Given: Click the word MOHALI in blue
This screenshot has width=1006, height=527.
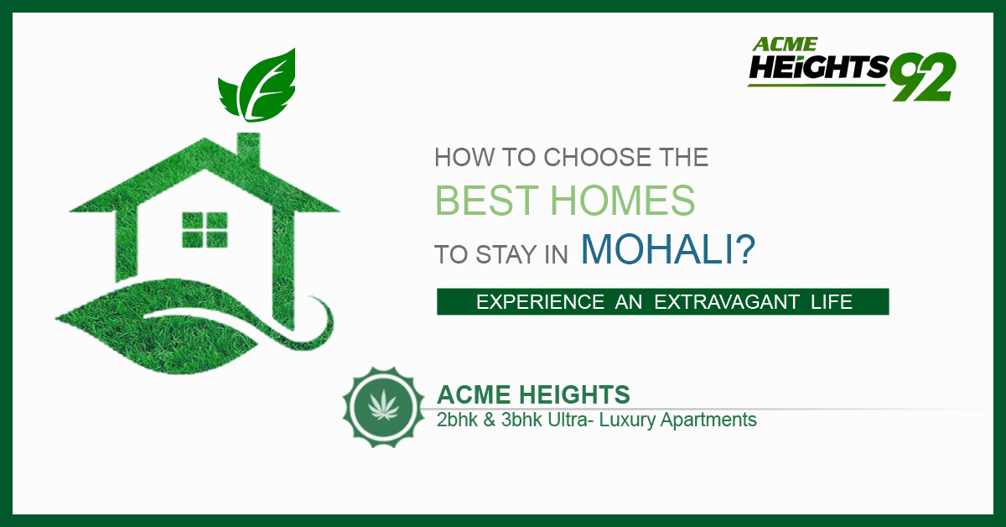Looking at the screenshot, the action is pos(657,249).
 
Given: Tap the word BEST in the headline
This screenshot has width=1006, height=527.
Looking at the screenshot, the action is pos(487,200).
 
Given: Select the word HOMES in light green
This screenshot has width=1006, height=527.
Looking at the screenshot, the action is pos(623,200).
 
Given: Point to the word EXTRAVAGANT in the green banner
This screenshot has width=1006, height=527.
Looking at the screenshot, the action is pos(727,302).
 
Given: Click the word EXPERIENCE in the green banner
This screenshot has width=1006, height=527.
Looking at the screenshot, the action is pos(540,302).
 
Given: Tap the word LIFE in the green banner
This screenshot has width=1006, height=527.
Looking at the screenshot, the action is pos(832,302).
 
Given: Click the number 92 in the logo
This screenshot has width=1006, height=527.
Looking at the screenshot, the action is pos(923,76).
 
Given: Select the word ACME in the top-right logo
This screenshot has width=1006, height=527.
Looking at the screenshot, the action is pos(785,44).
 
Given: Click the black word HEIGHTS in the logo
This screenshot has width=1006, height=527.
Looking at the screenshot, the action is pos(818,67).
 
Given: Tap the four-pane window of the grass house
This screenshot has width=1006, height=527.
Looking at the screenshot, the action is pos(205,230).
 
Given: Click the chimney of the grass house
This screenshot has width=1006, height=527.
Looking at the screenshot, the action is pos(248,149).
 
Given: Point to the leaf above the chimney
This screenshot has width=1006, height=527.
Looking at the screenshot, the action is pos(257,86).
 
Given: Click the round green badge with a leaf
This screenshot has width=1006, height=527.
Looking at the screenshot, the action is pos(384,407).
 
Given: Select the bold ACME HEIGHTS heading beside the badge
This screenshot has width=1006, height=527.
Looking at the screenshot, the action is pos(533,394).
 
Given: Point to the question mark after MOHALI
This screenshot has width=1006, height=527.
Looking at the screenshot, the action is pos(746,248).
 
